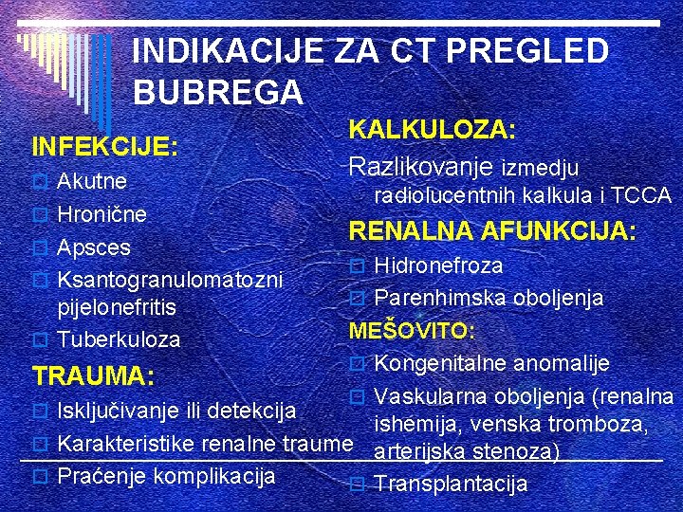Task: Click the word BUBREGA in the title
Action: (218, 92)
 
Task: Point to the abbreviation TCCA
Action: (641, 196)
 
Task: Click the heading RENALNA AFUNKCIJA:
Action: (492, 231)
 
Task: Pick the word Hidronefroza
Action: (438, 265)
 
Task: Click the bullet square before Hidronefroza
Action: (357, 266)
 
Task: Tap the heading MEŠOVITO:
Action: (413, 331)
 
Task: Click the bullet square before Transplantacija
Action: (357, 485)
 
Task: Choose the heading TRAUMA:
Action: (93, 376)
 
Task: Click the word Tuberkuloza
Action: (119, 338)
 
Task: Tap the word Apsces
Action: (93, 247)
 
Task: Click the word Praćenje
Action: (102, 474)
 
